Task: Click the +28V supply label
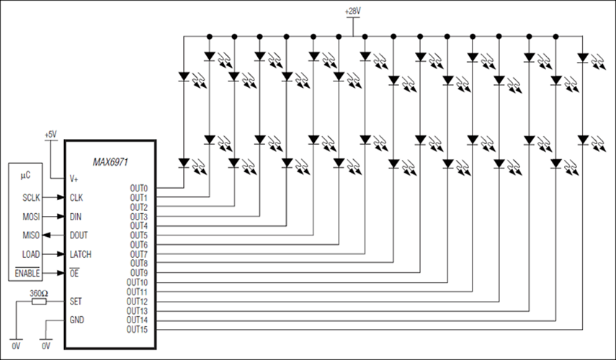click(353, 12)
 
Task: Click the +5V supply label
click(50, 135)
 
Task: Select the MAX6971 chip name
click(110, 162)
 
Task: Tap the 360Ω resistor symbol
click(39, 302)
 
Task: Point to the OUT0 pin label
click(139, 188)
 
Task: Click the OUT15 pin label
click(137, 329)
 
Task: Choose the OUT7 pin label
click(139, 254)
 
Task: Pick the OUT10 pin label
click(137, 282)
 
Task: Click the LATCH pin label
click(81, 254)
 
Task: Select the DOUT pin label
click(79, 235)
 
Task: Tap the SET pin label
click(76, 301)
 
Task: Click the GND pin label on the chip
click(77, 320)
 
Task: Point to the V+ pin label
click(74, 179)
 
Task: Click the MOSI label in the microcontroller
click(31, 216)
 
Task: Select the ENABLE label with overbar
click(27, 273)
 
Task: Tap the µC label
click(25, 176)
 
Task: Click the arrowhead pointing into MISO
click(46, 235)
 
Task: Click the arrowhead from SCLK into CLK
click(61, 197)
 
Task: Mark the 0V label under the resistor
click(16, 346)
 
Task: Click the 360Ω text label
click(39, 293)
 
